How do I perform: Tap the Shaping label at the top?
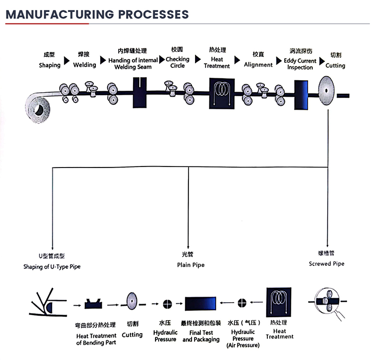[x=49, y=65]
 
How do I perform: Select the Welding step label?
[x=84, y=65]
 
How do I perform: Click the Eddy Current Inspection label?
[x=300, y=64]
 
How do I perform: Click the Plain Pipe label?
[x=190, y=265]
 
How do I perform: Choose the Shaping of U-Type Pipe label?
[x=51, y=267]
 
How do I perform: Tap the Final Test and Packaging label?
[x=200, y=336]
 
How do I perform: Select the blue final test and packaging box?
[x=200, y=303]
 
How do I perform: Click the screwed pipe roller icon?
[x=328, y=302]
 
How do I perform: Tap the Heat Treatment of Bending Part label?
[x=96, y=339]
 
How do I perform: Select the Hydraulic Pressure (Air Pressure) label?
[x=243, y=338]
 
